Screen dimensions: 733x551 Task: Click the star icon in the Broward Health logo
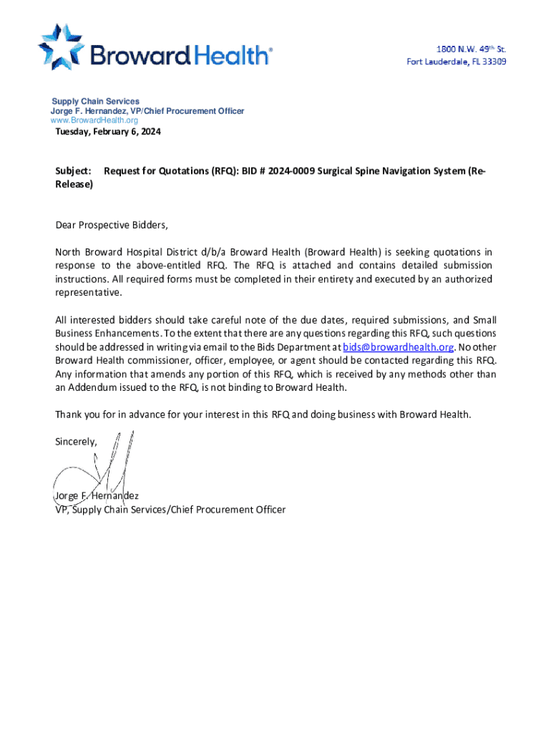62,46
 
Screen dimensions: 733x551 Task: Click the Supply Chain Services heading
95,102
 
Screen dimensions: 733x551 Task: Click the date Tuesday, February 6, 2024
108,132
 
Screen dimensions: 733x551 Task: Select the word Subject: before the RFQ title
73,171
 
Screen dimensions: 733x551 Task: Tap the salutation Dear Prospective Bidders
112,225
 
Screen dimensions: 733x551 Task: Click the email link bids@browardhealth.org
399,347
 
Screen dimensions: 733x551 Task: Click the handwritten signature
107,465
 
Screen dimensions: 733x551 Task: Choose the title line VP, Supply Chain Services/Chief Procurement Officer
170,510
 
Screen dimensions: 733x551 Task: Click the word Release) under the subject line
74,184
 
